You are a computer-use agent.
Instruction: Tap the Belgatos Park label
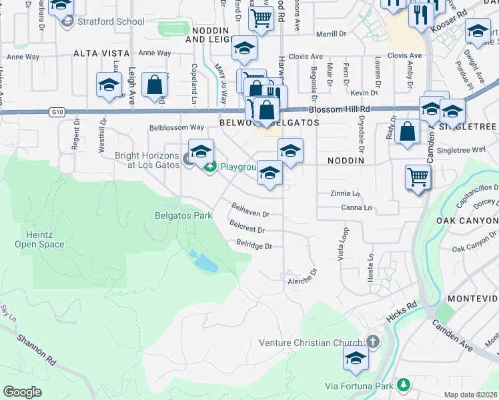pos(183,215)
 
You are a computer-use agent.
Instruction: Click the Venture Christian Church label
pos(310,343)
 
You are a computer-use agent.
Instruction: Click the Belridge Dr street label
pos(254,246)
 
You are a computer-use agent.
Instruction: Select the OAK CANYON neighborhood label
pos(467,220)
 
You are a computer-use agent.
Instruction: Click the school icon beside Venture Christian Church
pos(356,359)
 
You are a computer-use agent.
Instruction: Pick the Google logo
pos(22,392)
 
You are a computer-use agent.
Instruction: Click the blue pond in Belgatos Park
pos(203,262)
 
